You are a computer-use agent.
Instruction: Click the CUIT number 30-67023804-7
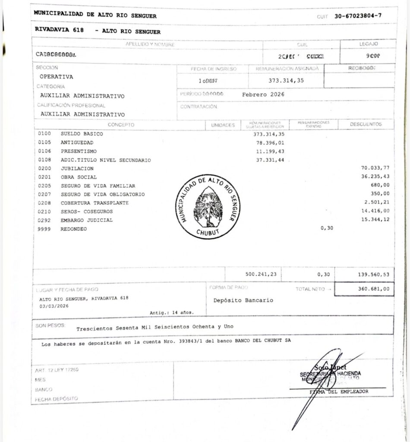point(358,16)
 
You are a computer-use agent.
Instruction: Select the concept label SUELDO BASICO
point(82,134)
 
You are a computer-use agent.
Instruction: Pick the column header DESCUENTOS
point(366,124)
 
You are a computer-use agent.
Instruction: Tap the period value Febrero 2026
point(263,94)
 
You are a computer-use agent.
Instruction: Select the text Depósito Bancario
point(243,300)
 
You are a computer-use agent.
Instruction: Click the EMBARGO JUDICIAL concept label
point(86,220)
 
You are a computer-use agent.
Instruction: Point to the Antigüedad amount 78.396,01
point(270,142)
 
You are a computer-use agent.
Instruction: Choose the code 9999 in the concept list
point(44,229)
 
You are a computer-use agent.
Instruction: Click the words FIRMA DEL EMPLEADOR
point(339,391)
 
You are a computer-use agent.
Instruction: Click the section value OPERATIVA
point(56,77)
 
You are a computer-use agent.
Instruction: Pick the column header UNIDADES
point(223,125)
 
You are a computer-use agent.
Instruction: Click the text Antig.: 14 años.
point(171,312)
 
